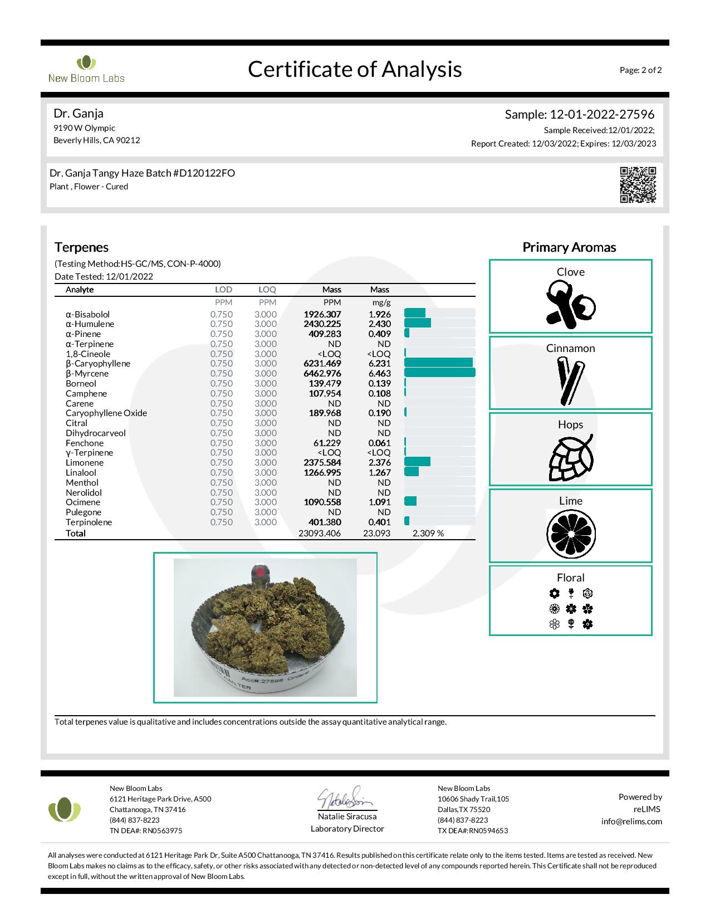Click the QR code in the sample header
[638, 184]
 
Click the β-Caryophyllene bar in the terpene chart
[438, 364]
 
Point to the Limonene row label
[85, 463]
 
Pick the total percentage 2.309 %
[428, 534]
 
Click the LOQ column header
[267, 290]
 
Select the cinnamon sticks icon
[570, 382]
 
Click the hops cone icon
[570, 457]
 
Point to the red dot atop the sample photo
[261, 571]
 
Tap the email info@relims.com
[631, 822]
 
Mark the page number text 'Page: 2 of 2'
[640, 70]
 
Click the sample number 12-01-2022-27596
[602, 115]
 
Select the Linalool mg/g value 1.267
[379, 473]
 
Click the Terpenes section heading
[81, 247]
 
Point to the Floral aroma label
[570, 578]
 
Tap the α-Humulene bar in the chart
[417, 324]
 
